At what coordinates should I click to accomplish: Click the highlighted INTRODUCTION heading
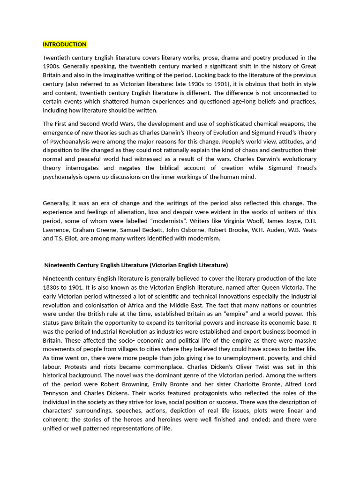[65, 45]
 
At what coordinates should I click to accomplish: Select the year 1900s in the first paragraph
[52, 67]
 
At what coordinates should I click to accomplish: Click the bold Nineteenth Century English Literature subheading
[136, 265]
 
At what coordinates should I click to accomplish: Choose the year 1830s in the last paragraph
[52, 287]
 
